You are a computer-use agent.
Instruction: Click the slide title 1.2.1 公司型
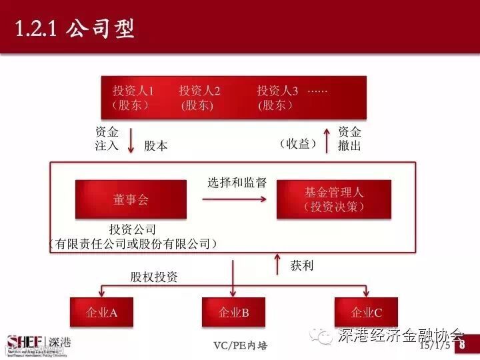[75, 29]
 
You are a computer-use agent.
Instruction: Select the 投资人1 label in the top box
[133, 91]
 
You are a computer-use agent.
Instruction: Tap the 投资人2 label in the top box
[199, 91]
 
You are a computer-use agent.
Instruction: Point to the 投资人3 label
[277, 91]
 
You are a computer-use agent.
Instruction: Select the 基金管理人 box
[334, 199]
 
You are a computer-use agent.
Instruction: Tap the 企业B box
[233, 312]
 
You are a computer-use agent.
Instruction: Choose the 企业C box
[366, 312]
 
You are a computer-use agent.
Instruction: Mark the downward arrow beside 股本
[131, 140]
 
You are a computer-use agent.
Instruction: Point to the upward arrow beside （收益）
[327, 140]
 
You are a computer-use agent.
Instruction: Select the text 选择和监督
[237, 183]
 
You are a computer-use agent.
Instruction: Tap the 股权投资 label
[154, 277]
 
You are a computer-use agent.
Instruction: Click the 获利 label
[302, 265]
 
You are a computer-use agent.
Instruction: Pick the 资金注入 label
[107, 139]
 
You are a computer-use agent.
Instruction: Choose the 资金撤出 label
[349, 139]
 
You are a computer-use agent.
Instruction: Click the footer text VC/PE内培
[240, 345]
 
